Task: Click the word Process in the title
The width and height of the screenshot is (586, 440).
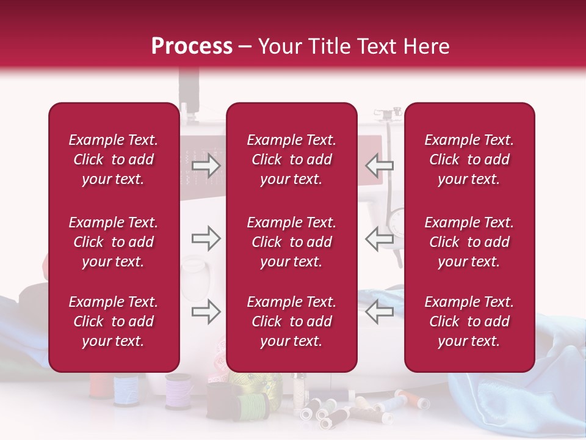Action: (192, 46)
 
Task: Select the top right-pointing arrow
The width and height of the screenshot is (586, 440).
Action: (206, 165)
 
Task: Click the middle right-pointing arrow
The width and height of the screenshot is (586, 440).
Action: (206, 238)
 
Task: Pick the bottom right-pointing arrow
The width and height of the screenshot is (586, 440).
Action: (206, 312)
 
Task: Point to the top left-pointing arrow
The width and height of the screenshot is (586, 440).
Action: (379, 165)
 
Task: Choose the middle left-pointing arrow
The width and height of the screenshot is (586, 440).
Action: (379, 238)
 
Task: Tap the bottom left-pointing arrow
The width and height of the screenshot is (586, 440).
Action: (379, 312)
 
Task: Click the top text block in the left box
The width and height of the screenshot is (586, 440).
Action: (114, 159)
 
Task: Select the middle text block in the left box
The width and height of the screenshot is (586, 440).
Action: (114, 242)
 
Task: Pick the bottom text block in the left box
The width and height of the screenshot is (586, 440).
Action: (114, 321)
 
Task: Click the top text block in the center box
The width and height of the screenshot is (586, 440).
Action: (292, 159)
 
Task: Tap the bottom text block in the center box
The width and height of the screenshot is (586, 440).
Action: (292, 321)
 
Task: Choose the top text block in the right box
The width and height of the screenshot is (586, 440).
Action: (469, 159)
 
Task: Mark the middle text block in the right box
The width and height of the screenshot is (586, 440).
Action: (469, 242)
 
